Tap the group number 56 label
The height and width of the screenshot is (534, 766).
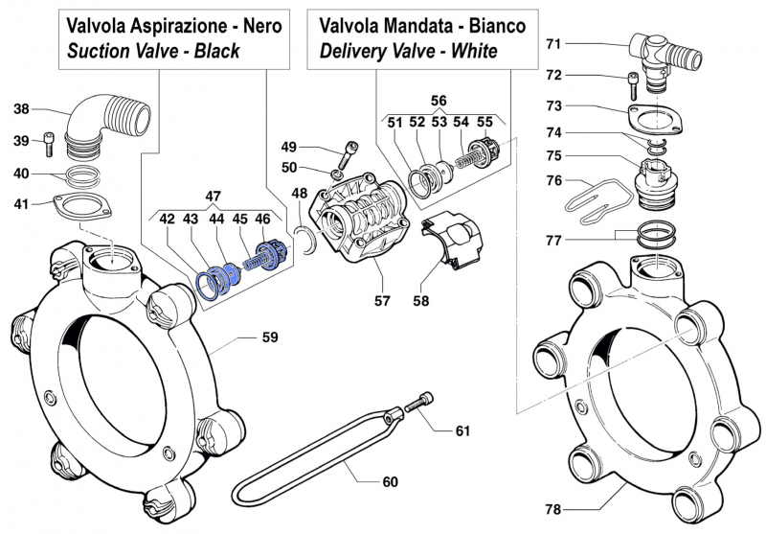(439, 100)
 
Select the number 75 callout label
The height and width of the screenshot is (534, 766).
(553, 155)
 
